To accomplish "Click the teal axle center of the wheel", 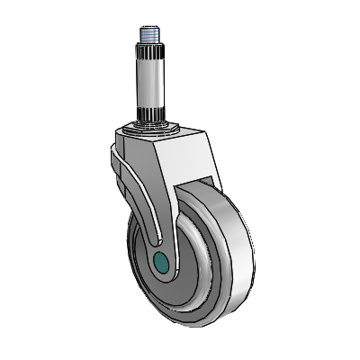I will pos(162,262).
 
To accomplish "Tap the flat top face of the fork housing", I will pos(166,136).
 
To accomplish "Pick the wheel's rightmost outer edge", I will pos(245,247).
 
